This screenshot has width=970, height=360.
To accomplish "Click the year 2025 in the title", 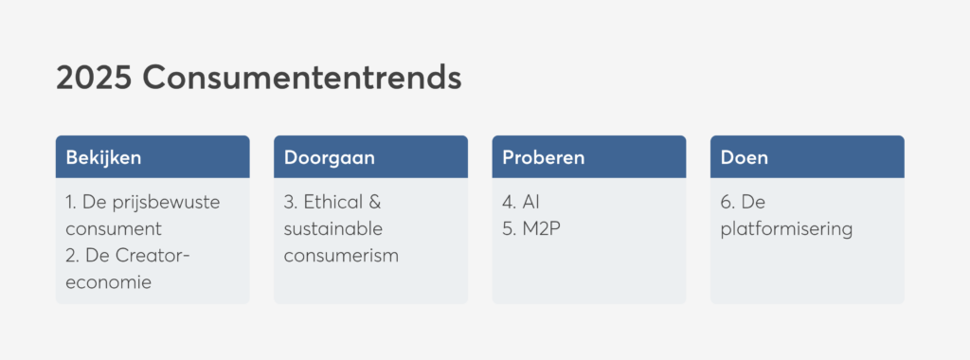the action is pos(94,78).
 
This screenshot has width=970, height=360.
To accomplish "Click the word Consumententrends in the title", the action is pos(302,78).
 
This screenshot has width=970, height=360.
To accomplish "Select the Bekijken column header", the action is pos(104,157).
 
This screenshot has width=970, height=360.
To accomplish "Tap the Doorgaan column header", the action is pos(329,157).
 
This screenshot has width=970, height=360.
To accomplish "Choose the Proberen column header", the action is pos(543,157).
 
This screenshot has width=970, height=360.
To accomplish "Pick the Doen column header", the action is pos(745,157).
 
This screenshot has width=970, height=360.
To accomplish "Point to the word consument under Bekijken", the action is pos(114,229).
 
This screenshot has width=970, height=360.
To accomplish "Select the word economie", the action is pos(109,282).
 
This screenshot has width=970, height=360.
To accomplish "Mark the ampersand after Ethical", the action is pos(375,203).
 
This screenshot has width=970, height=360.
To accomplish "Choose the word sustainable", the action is pos(333,229).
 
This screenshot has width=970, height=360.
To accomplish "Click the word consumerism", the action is pos(341,256).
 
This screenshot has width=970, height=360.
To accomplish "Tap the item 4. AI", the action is pos(521,203).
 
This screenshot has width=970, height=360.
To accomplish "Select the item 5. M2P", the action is pos(531,229).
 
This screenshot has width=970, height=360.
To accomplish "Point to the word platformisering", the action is pos(787,229).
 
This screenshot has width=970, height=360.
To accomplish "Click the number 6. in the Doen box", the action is pos(727,203).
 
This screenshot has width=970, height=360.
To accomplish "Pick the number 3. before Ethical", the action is pos(291,203).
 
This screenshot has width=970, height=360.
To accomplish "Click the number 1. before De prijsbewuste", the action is pos(70,203).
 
